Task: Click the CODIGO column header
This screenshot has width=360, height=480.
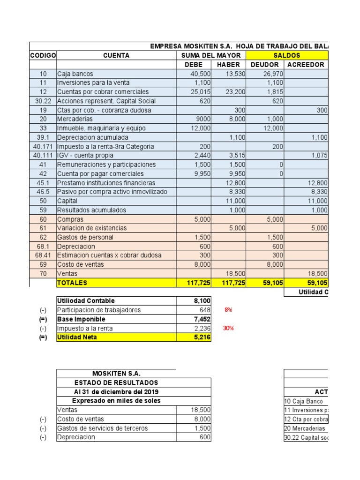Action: tap(43, 55)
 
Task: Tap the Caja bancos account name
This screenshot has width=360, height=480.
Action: tap(75, 74)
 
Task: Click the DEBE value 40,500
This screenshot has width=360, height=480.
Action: tap(201, 74)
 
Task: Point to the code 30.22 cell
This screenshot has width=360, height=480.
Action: tap(43, 101)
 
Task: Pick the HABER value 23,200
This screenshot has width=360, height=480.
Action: tap(235, 92)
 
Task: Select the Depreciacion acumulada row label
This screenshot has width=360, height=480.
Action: tap(92, 137)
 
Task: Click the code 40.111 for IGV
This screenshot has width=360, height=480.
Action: tap(43, 155)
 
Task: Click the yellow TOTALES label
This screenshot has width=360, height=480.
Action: tap(72, 283)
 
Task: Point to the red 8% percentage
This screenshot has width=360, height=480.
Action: tap(228, 310)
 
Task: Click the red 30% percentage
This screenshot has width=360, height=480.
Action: tap(228, 328)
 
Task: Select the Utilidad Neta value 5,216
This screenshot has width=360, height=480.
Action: tap(202, 337)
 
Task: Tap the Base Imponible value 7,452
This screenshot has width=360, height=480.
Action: tap(202, 319)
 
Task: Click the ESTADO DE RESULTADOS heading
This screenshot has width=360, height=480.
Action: tap(116, 382)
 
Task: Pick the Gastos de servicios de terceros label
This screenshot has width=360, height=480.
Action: tap(102, 428)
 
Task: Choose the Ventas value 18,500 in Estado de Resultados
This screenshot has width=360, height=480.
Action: tap(201, 410)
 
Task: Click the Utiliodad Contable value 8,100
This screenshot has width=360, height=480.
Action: tap(202, 300)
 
